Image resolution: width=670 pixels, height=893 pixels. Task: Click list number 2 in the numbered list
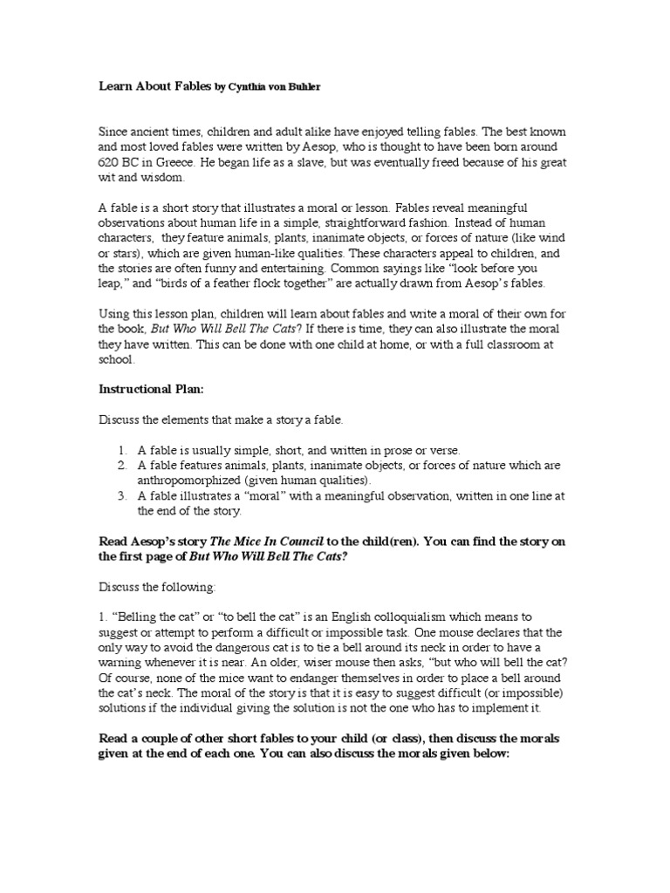(121, 466)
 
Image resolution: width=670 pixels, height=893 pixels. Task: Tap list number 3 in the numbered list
(121, 495)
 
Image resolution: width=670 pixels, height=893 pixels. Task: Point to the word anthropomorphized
(188, 481)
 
